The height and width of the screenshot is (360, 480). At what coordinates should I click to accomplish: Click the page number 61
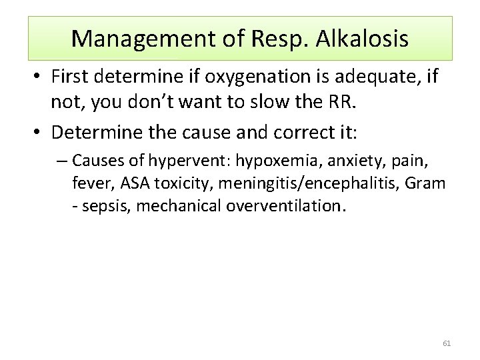[447, 343]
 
